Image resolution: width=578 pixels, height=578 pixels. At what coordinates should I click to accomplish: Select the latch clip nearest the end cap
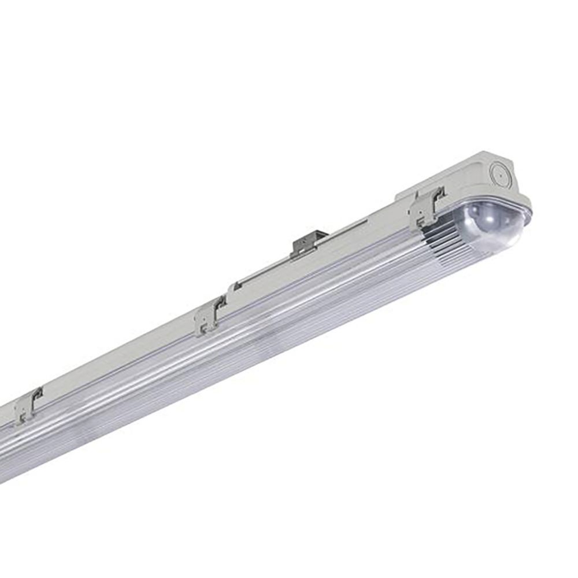click(427, 207)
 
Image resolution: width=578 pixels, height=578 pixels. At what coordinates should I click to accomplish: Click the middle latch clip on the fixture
click(210, 314)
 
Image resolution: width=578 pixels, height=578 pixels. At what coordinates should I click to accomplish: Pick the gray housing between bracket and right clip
click(370, 231)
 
